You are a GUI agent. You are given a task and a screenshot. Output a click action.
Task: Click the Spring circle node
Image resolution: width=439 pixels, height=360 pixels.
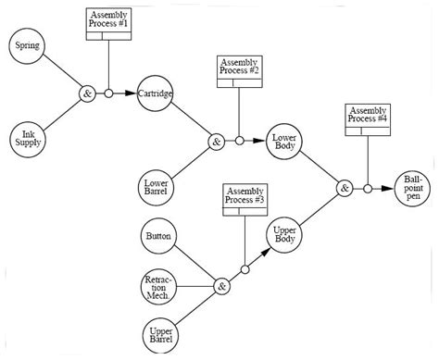[x=27, y=46]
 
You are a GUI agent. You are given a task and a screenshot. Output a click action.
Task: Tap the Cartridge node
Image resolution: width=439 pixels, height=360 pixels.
[x=155, y=93]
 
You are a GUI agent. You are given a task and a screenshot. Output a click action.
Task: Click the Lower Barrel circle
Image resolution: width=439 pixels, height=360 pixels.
[x=156, y=188]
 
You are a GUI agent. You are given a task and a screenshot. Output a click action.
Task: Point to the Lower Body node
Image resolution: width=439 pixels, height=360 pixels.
[x=282, y=141]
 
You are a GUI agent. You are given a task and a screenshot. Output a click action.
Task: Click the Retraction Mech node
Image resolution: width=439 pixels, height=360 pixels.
[x=157, y=286]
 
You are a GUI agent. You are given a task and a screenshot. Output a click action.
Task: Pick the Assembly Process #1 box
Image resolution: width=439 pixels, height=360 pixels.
[x=109, y=24]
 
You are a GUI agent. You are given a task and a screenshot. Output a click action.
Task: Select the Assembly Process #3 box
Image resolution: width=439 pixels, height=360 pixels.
[x=245, y=200]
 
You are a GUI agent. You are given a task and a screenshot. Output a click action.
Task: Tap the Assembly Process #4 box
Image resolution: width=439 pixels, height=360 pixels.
[x=368, y=119]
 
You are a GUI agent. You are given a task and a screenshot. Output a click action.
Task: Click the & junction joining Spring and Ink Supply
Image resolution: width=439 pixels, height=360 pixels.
[x=86, y=93]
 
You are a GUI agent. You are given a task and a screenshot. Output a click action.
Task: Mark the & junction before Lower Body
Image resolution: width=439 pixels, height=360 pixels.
[x=216, y=142]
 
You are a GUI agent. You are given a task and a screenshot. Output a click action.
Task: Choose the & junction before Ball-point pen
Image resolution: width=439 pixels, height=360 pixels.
[x=345, y=188]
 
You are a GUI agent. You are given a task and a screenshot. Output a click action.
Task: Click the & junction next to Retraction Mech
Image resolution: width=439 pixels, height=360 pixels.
[x=221, y=287]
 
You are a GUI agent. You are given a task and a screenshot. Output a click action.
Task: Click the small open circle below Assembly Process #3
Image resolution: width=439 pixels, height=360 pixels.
[x=245, y=270]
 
